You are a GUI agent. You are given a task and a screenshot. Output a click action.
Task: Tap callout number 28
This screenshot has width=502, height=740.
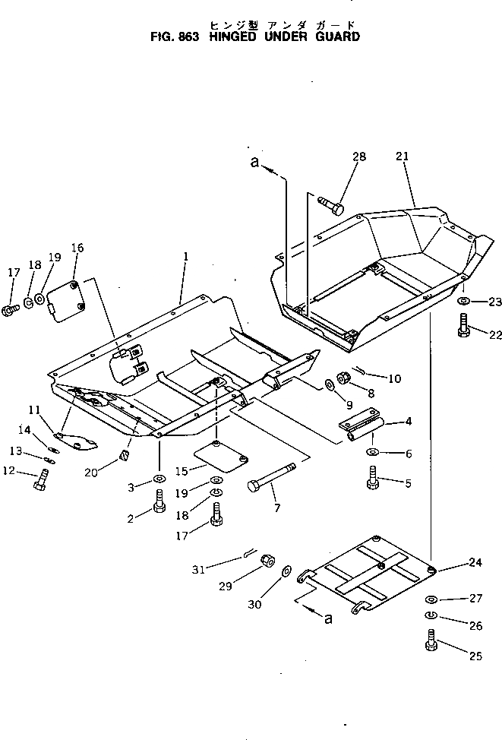pyautogui.click(x=358, y=157)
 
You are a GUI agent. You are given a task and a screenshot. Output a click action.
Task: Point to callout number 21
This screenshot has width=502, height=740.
pyautogui.click(x=403, y=157)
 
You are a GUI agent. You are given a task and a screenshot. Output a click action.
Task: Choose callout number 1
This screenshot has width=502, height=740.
pyautogui.click(x=185, y=258)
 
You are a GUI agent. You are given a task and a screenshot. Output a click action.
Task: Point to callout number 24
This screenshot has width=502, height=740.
pyautogui.click(x=475, y=563)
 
